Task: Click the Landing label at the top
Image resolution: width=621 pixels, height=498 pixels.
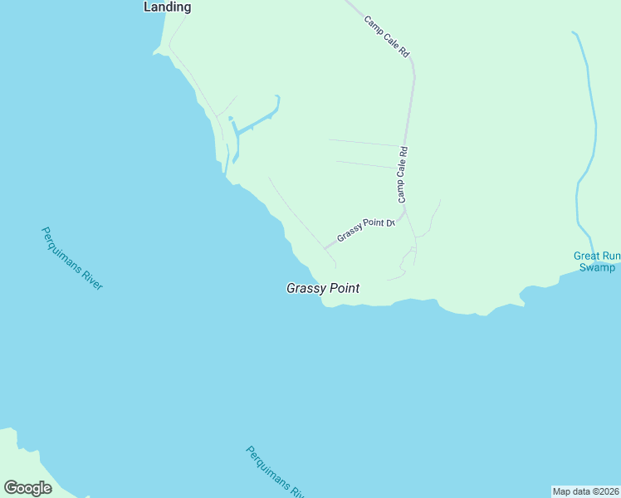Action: (x=167, y=7)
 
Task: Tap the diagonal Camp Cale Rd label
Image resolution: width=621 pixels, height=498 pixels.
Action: (x=388, y=36)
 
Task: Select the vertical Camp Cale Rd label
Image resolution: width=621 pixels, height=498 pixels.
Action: (x=403, y=175)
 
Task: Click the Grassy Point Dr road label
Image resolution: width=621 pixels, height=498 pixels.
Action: (x=364, y=228)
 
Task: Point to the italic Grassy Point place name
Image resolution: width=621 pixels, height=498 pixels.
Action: (x=323, y=289)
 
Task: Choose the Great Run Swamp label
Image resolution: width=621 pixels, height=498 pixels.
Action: (x=596, y=261)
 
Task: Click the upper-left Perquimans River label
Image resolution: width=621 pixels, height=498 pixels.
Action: (x=71, y=258)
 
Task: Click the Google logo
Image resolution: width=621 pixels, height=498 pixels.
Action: (x=27, y=488)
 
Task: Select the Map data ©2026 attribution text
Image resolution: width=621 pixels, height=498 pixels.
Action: (x=585, y=491)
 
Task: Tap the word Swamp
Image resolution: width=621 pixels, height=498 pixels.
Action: (x=598, y=267)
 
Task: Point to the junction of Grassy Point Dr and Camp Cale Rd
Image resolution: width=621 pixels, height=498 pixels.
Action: (x=402, y=214)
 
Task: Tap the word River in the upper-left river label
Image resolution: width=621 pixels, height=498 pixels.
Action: (x=88, y=274)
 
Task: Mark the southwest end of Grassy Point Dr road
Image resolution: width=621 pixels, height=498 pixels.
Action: (x=325, y=247)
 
